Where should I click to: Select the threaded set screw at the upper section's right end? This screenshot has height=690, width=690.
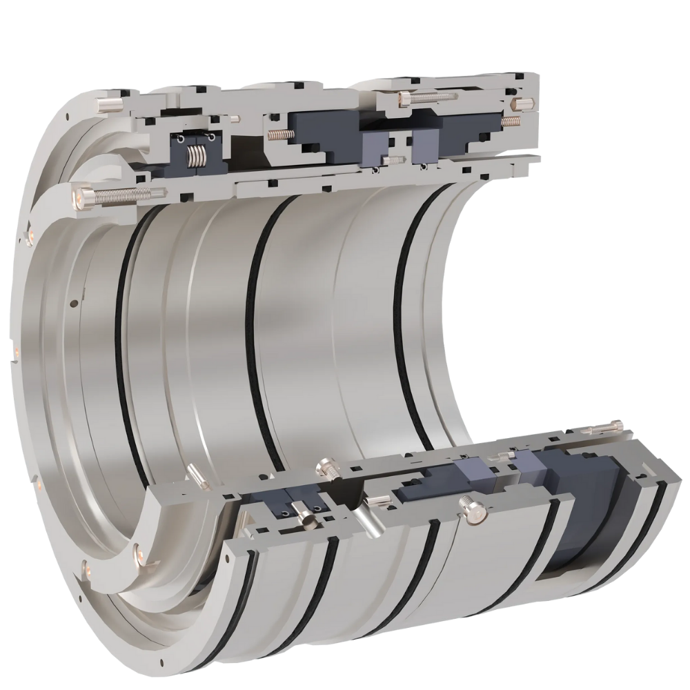click(511, 121)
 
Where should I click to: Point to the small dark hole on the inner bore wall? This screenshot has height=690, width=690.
click(74, 302)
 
